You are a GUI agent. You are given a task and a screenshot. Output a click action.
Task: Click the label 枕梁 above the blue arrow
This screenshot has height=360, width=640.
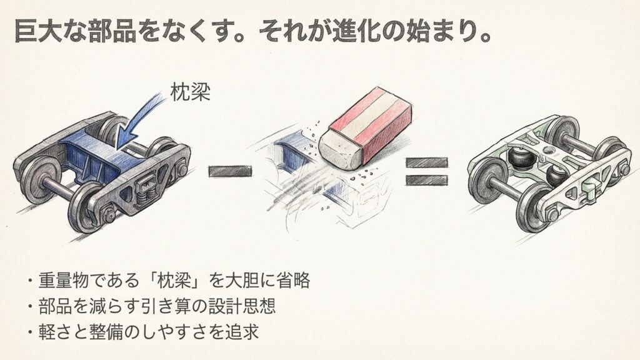(191, 93)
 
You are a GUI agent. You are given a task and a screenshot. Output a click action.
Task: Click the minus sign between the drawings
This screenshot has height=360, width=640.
(229, 170)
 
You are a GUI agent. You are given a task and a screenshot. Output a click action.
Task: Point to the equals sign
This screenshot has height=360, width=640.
(427, 171)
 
